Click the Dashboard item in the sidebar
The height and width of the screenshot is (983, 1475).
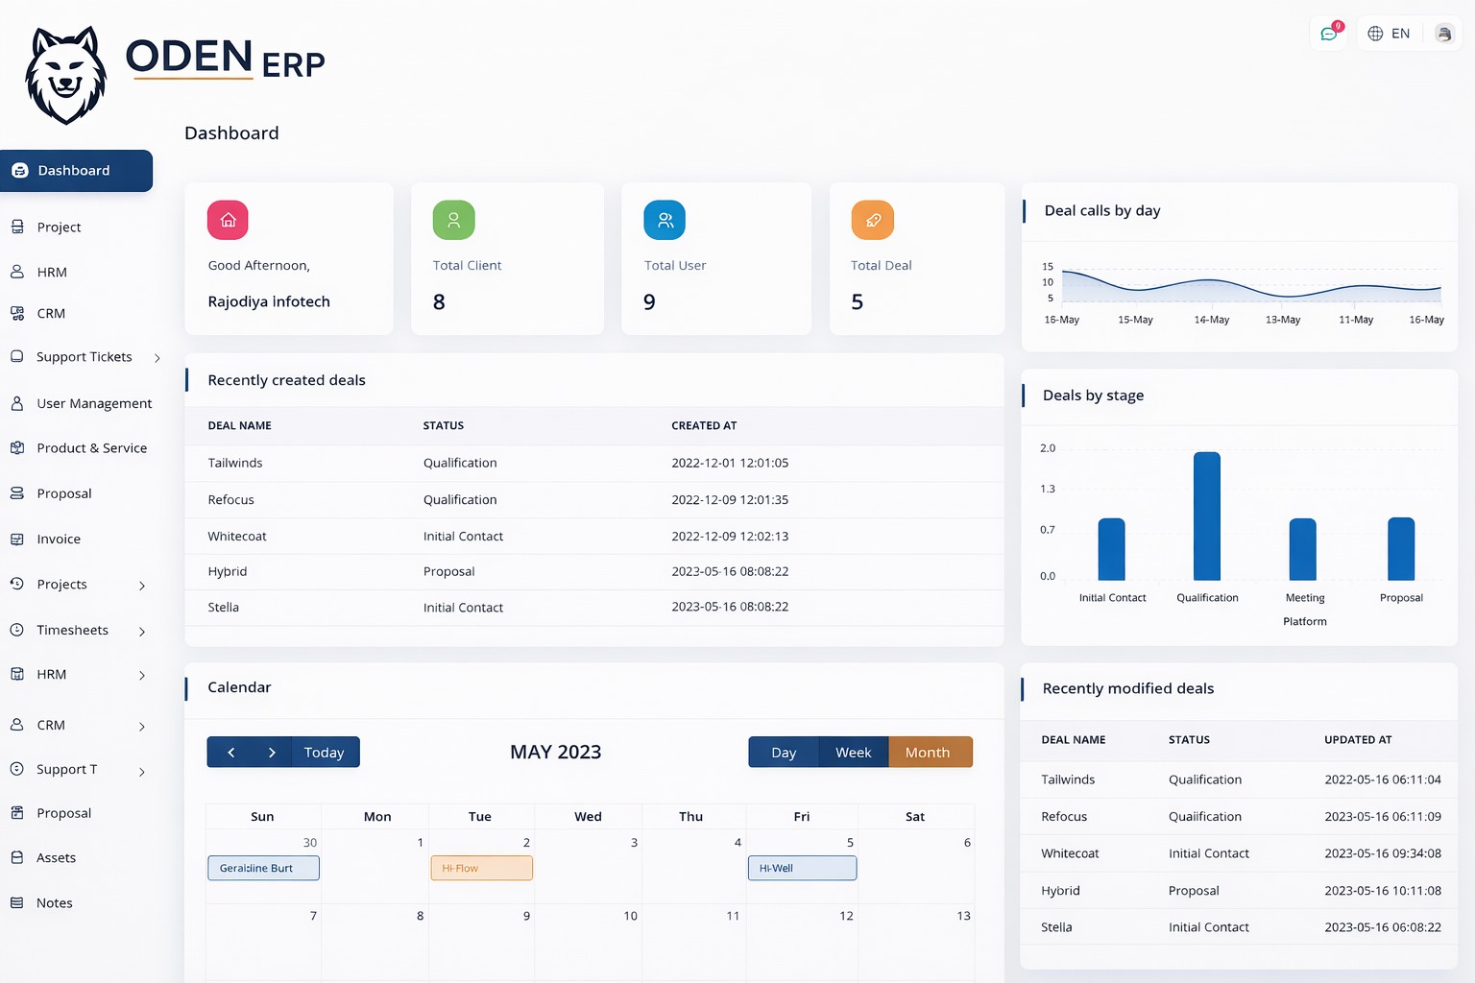pyautogui.click(x=75, y=171)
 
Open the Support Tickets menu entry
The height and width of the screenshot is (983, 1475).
pyautogui.click(x=85, y=357)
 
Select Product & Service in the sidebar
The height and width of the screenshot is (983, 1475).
pyautogui.click(x=91, y=448)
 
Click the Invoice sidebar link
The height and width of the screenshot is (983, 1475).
pyautogui.click(x=59, y=539)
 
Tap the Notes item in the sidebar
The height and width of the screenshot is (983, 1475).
pyautogui.click(x=55, y=903)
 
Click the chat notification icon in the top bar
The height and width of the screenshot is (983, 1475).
pyautogui.click(x=1329, y=34)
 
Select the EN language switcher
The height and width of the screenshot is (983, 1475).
pyautogui.click(x=1389, y=34)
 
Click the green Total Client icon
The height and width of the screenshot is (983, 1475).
pyautogui.click(x=453, y=220)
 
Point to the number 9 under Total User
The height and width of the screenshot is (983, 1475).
pyautogui.click(x=650, y=302)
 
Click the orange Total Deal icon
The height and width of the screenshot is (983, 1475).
pyautogui.click(x=872, y=220)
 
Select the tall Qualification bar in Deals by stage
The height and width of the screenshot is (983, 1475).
pyautogui.click(x=1206, y=516)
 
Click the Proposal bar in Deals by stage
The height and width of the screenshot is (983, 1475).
pyautogui.click(x=1400, y=549)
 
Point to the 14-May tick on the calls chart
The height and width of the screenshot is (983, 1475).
pyautogui.click(x=1211, y=320)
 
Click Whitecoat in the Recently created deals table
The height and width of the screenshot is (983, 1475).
pyautogui.click(x=237, y=537)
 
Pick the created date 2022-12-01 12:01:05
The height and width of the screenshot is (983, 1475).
pyautogui.click(x=730, y=463)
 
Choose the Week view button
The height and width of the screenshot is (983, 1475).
pyautogui.click(x=853, y=753)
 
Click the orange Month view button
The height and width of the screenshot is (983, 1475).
pyautogui.click(x=928, y=753)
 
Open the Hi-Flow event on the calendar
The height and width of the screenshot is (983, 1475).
pyautogui.click(x=481, y=868)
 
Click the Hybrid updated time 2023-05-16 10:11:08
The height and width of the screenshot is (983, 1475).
pyautogui.click(x=1382, y=891)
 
